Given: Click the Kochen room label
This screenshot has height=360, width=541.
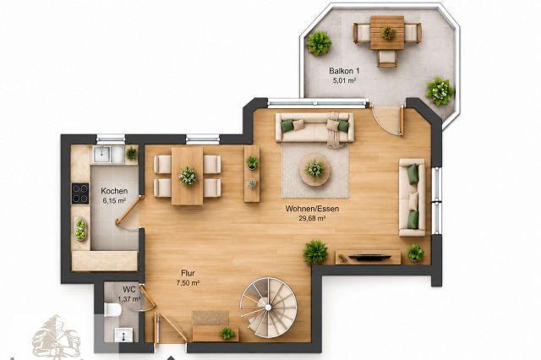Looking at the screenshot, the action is click(114, 191).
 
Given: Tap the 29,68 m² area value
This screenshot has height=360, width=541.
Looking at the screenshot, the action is click(312, 218).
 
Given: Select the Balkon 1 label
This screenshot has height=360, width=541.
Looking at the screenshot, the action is click(344, 71).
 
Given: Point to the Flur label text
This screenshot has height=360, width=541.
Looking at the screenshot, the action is click(188, 273).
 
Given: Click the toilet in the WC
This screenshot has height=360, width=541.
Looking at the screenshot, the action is click(112, 309).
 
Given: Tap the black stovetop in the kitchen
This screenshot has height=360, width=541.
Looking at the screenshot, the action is click(80, 193).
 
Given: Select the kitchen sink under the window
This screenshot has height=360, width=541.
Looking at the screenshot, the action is click(107, 154).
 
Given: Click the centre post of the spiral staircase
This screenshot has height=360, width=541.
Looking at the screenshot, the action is click(268, 308).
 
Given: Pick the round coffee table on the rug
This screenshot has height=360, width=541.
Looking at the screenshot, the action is click(314, 170).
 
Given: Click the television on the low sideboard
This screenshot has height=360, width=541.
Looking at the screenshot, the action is click(369, 257).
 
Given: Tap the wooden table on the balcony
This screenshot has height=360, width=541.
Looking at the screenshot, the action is click(387, 33).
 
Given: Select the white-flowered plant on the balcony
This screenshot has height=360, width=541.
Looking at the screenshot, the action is click(440, 91).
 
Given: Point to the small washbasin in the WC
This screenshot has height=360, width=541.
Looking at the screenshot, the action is click(123, 335).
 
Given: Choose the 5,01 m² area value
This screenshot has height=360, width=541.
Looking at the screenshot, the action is click(344, 80).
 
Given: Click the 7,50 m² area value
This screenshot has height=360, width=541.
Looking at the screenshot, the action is click(188, 283).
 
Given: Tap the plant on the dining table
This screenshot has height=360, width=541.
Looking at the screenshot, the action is click(188, 177).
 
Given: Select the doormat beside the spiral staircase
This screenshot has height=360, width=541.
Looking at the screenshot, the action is click(210, 318).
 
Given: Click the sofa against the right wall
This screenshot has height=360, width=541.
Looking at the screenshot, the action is click(412, 198).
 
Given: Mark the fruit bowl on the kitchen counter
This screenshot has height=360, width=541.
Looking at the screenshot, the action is click(81, 229).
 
